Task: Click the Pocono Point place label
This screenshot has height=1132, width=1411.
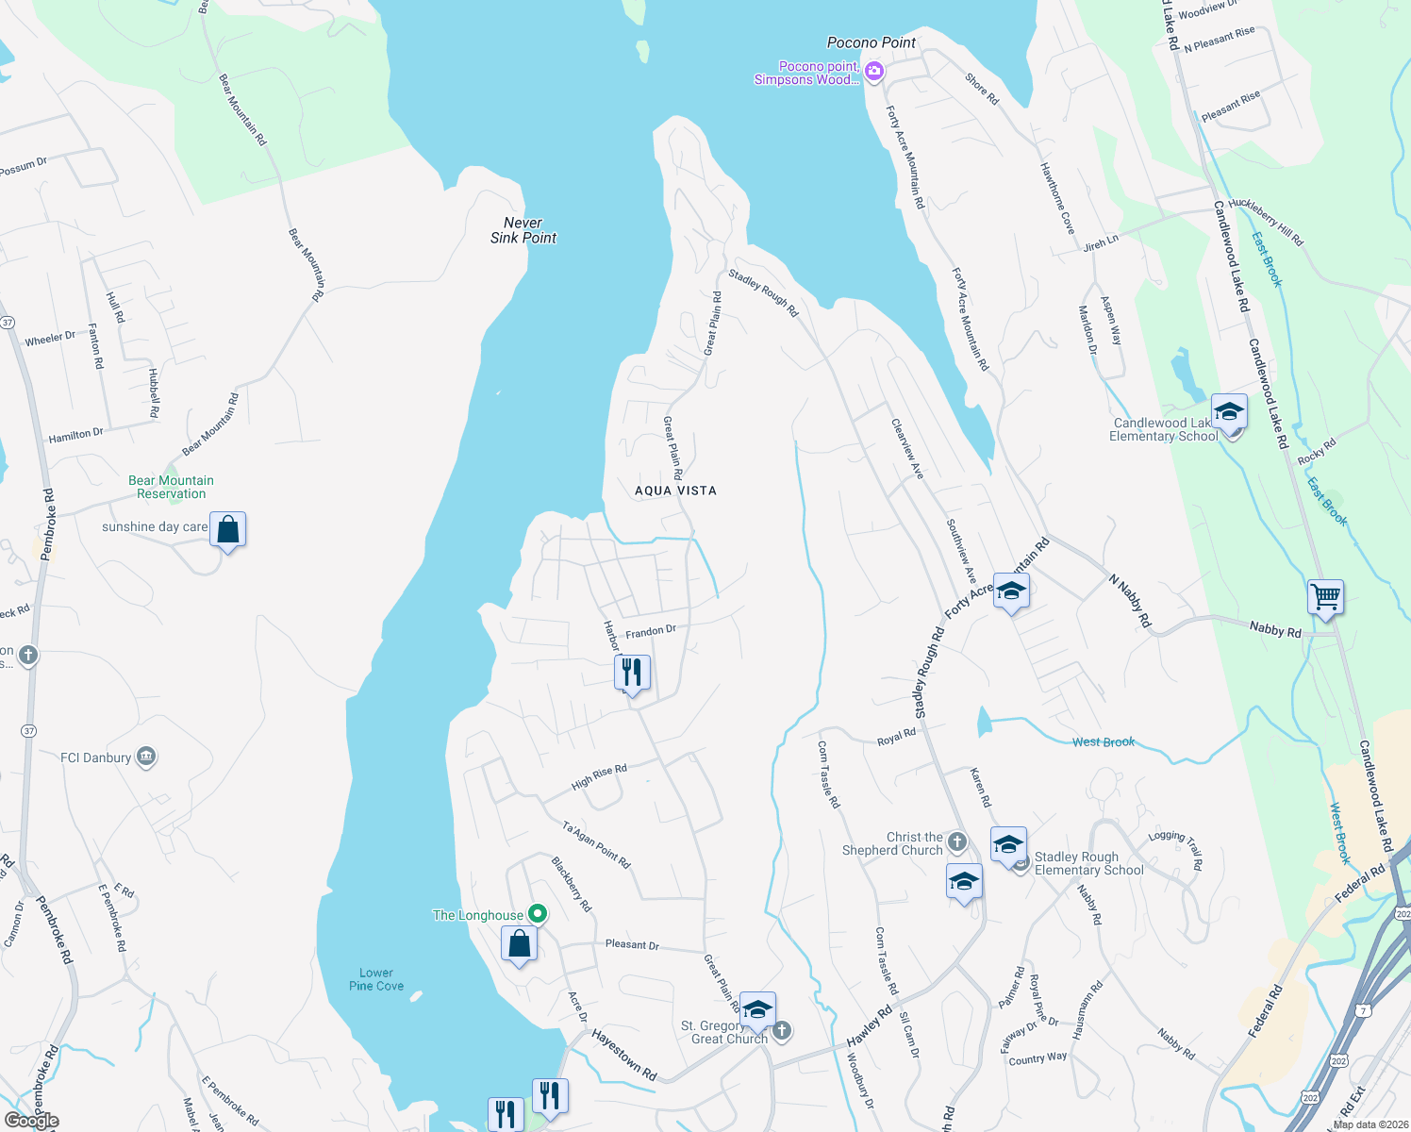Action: pyautogui.click(x=871, y=42)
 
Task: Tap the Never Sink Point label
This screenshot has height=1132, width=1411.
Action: pyautogui.click(x=523, y=230)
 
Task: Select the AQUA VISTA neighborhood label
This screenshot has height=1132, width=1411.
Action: pyautogui.click(x=675, y=491)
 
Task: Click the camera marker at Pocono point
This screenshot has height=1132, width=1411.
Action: pyautogui.click(x=874, y=72)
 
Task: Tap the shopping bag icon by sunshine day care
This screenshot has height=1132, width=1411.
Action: pyautogui.click(x=227, y=530)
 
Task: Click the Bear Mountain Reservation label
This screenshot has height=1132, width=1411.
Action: pyautogui.click(x=171, y=487)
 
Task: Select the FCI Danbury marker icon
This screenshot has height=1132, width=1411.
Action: pyautogui.click(x=146, y=757)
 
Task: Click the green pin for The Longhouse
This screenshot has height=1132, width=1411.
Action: pyautogui.click(x=538, y=913)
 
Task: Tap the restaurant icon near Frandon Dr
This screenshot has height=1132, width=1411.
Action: pyautogui.click(x=632, y=673)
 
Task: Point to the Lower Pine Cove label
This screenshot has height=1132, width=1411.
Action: pyautogui.click(x=376, y=979)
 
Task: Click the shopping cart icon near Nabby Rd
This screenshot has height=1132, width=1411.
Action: pyautogui.click(x=1325, y=597)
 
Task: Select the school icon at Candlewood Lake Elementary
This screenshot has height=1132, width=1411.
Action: pyautogui.click(x=1228, y=412)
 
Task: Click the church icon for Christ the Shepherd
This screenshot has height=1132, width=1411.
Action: pyautogui.click(x=957, y=841)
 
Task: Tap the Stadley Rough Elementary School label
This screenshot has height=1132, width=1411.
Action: pyautogui.click(x=1088, y=863)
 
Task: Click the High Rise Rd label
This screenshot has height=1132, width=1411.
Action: pyautogui.click(x=599, y=777)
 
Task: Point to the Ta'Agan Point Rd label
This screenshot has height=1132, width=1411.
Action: pyautogui.click(x=596, y=845)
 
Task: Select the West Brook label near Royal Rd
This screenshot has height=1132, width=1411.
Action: pyautogui.click(x=1104, y=742)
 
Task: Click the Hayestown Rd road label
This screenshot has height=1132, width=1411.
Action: pyautogui.click(x=623, y=1055)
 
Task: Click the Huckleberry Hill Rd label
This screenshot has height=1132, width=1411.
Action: pyautogui.click(x=1266, y=222)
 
